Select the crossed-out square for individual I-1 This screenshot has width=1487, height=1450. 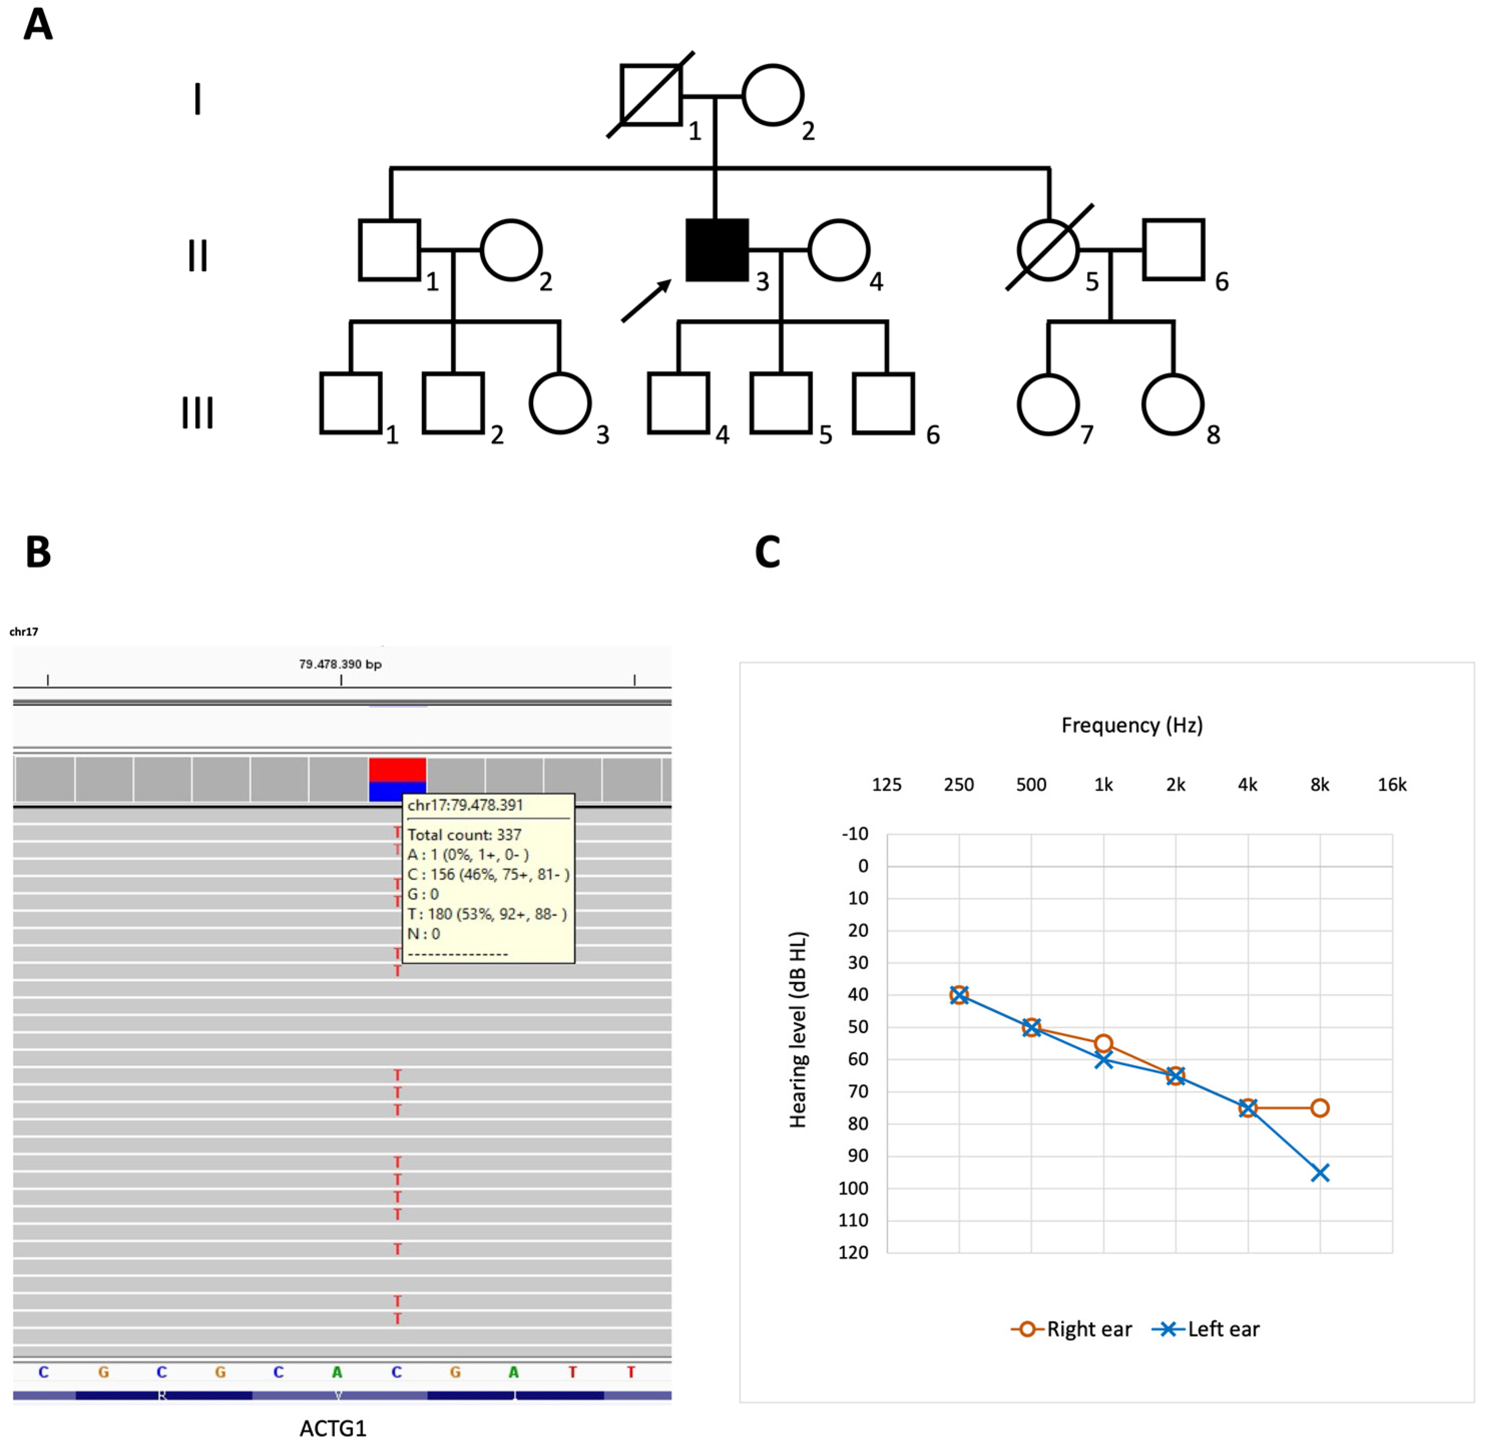650,95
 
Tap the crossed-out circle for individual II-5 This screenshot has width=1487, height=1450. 1048,250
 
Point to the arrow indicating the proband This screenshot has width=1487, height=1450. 645,301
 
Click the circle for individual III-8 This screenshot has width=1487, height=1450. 1172,404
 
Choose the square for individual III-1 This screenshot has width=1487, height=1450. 350,403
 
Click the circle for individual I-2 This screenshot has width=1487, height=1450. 773,95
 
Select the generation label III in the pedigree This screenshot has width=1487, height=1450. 197,413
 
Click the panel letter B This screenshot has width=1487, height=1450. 38,552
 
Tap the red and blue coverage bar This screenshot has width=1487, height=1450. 397,778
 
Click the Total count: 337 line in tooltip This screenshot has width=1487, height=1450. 464,834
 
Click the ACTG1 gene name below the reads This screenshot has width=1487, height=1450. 333,1428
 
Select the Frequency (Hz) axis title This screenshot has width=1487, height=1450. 1132,725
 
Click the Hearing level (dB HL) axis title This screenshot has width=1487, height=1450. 798,1030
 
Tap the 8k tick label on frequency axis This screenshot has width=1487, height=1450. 1319,784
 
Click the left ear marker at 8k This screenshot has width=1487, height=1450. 1320,1173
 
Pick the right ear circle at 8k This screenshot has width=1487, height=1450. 1320,1108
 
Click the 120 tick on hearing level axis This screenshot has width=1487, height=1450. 853,1253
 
